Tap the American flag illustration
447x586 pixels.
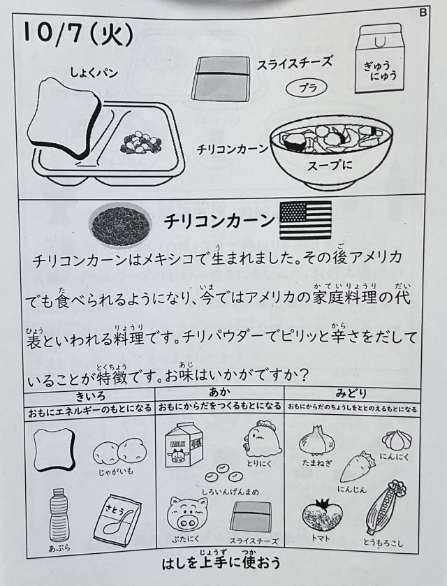coord(305,220)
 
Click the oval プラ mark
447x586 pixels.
coord(307,88)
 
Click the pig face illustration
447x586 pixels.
coord(186,515)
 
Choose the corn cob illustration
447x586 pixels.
coord(386,508)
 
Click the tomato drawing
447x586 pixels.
coord(322,516)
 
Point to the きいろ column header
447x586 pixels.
coord(90,395)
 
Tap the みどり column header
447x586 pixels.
coord(351,393)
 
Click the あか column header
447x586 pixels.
coord(220,393)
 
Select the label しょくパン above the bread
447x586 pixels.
coord(94,72)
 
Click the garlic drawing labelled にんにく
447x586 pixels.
coord(396,439)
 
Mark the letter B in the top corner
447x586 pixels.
coord(423,13)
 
